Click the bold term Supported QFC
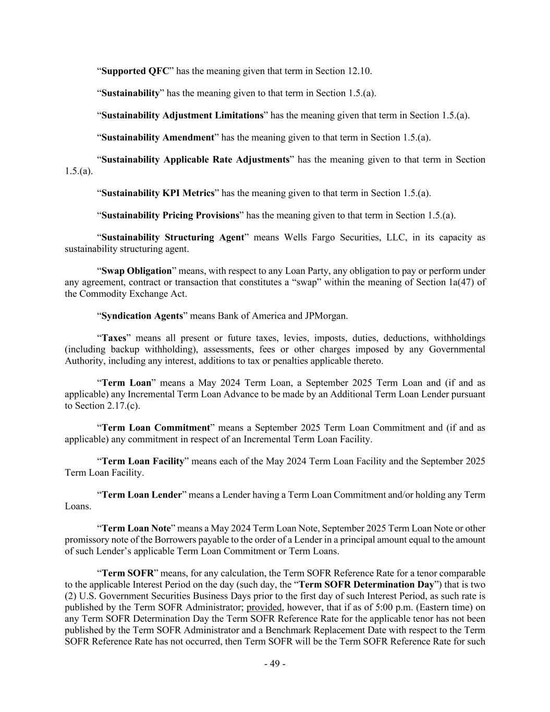tap(135, 71)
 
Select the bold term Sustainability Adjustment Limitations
tap(182, 115)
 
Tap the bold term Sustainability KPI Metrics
tap(158, 193)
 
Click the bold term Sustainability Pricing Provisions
tap(170, 215)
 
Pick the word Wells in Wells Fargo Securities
tap(295, 237)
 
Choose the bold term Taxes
tap(114, 338)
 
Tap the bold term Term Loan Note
tap(136, 528)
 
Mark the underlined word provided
tap(264, 607)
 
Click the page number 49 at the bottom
tap(275, 664)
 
